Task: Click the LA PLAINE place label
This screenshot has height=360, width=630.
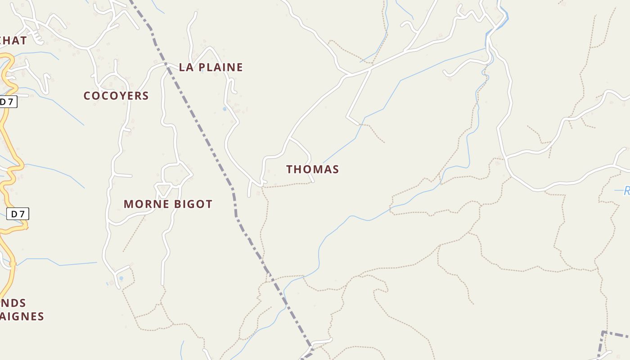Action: [211, 67]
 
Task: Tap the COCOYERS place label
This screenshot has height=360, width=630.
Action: [116, 96]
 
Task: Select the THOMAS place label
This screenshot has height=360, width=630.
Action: [312, 170]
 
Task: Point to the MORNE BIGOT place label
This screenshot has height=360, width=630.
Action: [168, 204]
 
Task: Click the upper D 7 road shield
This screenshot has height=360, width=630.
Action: [8, 102]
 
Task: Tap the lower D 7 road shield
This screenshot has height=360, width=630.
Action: [18, 214]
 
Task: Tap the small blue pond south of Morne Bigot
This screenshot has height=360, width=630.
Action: [121, 279]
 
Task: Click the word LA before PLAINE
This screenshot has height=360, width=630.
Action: [186, 67]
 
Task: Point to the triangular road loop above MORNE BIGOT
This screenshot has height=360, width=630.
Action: [163, 189]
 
